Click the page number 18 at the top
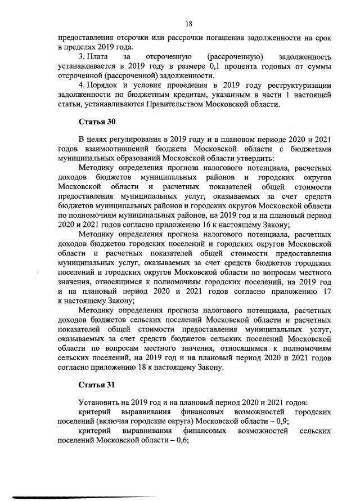click(x=189, y=24)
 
